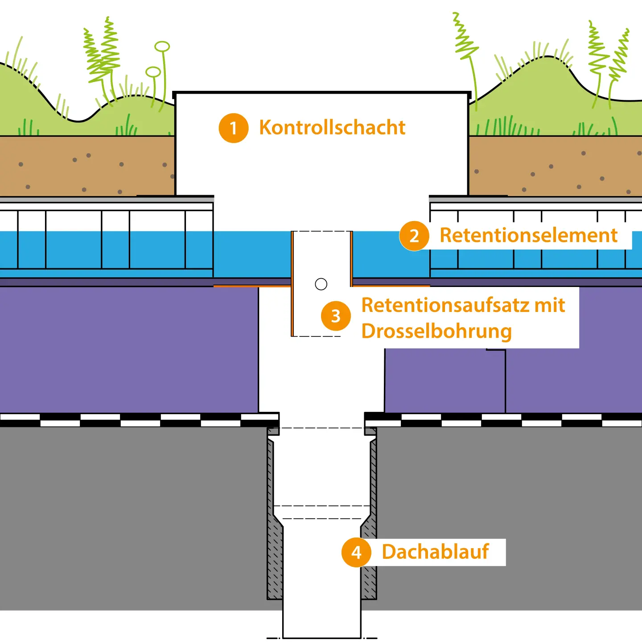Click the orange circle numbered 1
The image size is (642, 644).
coord(233,128)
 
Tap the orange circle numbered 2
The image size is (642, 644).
coord(414,236)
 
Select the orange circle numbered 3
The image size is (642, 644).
coord(336,316)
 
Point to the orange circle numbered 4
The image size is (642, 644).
coord(356,552)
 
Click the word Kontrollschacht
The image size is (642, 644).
coord(332,127)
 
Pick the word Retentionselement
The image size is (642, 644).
coord(528,235)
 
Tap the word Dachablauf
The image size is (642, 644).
coord(435,552)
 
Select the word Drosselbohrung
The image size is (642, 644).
coord(436,331)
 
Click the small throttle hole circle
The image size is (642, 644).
coord(321,284)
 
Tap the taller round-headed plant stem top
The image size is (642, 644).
coord(162,46)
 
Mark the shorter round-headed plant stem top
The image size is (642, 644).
coord(153,72)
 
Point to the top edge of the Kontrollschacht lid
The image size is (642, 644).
coord(321,93)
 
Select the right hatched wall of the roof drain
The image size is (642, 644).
coord(373,513)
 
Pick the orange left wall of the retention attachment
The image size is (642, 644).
coord(292,285)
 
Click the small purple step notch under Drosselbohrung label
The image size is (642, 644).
coord(496,351)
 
